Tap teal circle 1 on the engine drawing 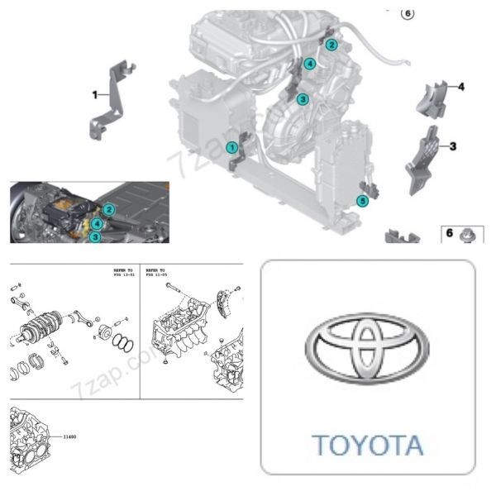point(232,147)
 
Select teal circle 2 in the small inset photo point(109,210)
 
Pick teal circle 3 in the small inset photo point(96,236)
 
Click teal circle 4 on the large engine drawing point(309,64)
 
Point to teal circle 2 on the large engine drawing point(331,44)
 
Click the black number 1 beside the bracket point(95,94)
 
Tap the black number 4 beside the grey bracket point(460,86)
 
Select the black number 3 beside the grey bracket point(452,146)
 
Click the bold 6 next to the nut point(450,233)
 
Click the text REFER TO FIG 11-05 point(157,274)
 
